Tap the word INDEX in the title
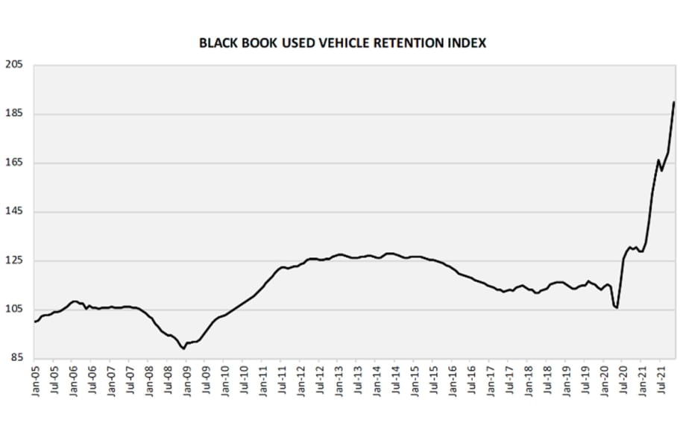pyautogui.click(x=468, y=43)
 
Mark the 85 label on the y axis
pyautogui.click(x=16, y=358)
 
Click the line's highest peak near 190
pyautogui.click(x=674, y=102)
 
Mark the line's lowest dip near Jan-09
pyautogui.click(x=183, y=348)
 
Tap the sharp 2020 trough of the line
pyautogui.click(x=617, y=307)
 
